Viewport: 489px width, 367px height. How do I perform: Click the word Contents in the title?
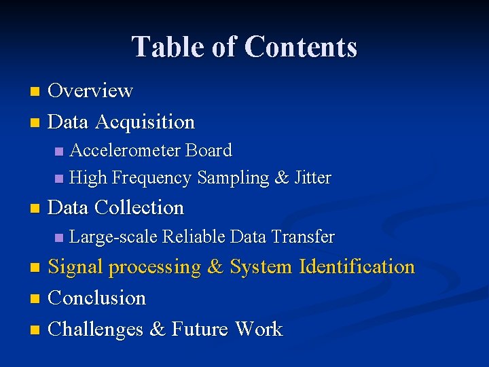coord(300,47)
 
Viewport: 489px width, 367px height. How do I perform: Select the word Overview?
coord(90,90)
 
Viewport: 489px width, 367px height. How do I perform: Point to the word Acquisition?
coord(145,122)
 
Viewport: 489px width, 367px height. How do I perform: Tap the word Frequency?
coord(151,178)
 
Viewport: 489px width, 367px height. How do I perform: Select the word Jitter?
coord(313,178)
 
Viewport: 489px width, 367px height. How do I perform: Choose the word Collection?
coord(139,207)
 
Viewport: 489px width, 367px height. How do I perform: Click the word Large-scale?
coord(113,237)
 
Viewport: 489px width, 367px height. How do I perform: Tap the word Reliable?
coord(194,237)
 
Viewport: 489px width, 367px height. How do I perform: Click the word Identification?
coord(357,266)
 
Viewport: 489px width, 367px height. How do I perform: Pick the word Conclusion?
coord(97,298)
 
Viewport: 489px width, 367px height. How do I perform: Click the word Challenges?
coord(96,329)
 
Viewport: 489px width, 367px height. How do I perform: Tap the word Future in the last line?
coord(200,329)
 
